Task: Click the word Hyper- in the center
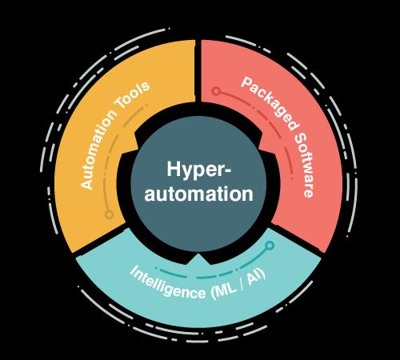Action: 198,170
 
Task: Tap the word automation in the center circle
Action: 198,194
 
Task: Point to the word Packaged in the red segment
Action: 269,103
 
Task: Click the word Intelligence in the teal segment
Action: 167,282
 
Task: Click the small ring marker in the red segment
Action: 216,91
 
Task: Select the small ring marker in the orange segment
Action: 109,214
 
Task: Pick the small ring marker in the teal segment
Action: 270,246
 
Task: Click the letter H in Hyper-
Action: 174,169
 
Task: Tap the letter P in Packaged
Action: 246,83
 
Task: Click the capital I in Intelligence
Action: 133,270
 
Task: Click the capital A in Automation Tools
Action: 86,183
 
